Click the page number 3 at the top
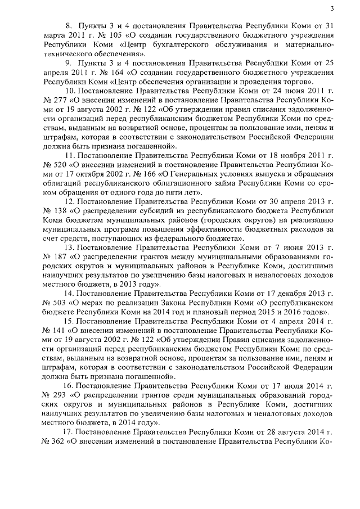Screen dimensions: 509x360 pos(332,8)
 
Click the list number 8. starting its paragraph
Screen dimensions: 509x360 pos(69,26)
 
